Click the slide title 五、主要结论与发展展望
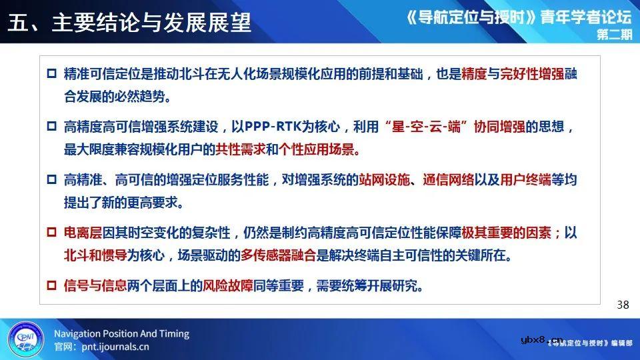pyautogui.click(x=131, y=22)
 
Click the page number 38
pyautogui.click(x=623, y=305)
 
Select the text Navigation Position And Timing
pyautogui.click(x=121, y=333)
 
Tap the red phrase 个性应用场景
pyautogui.click(x=319, y=149)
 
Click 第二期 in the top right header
pyautogui.click(x=613, y=37)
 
